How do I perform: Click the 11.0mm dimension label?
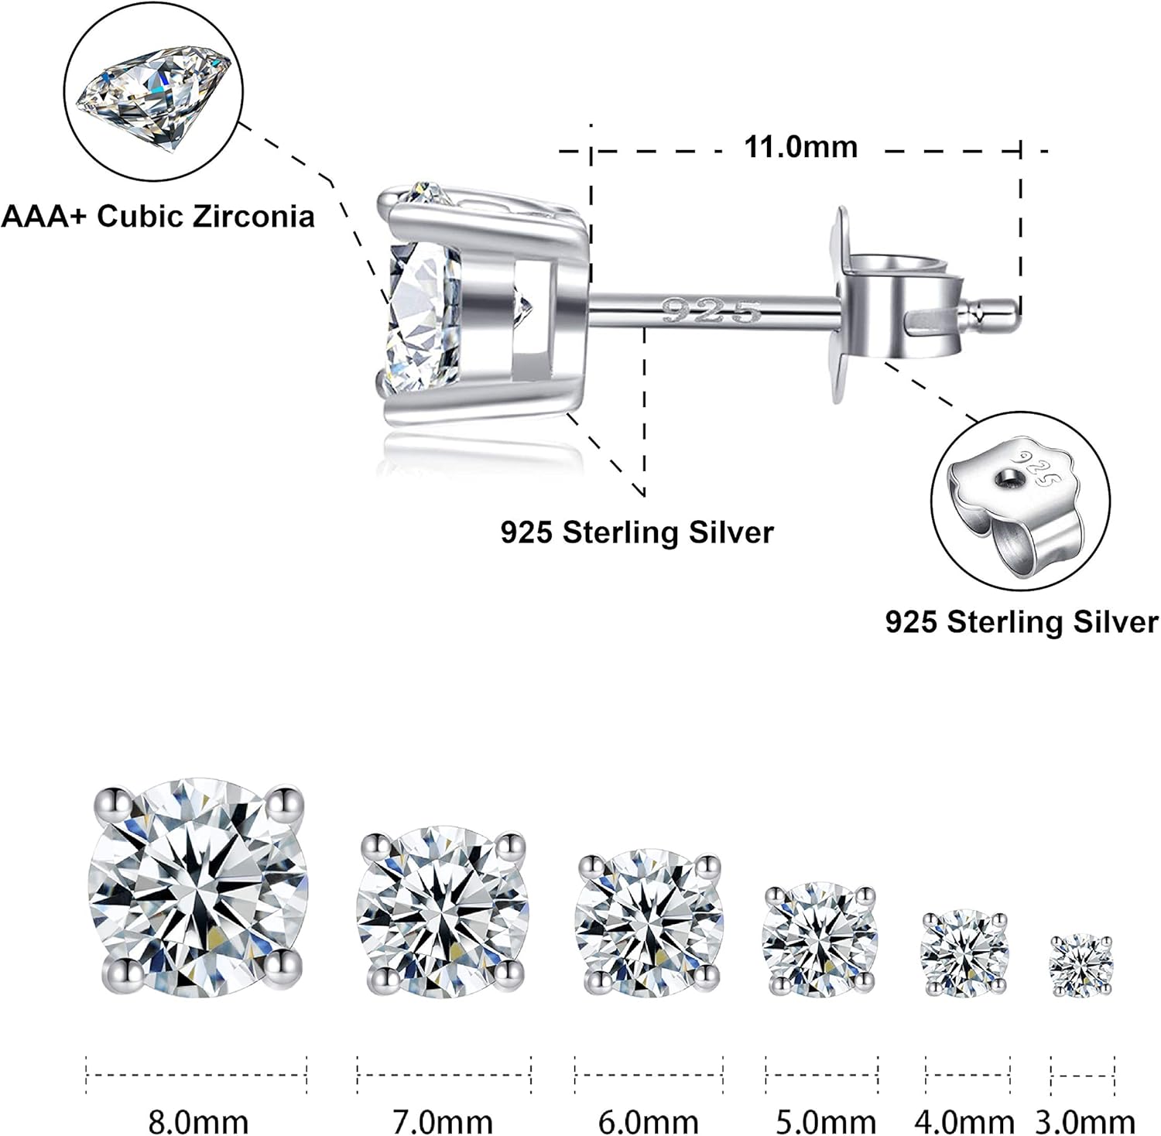800,147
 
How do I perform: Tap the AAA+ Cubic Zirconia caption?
158,217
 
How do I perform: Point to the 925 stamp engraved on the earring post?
712,312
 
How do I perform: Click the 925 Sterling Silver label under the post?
636,532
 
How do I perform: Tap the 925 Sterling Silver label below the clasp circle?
1021,622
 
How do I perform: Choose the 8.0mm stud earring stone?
199,888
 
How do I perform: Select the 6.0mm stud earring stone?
649,922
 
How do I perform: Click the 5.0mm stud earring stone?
820,939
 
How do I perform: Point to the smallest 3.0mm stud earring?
1082,964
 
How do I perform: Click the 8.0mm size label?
198,1121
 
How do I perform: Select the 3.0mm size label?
1085,1121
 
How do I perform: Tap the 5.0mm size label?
826,1121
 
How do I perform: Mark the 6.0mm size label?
649,1121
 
